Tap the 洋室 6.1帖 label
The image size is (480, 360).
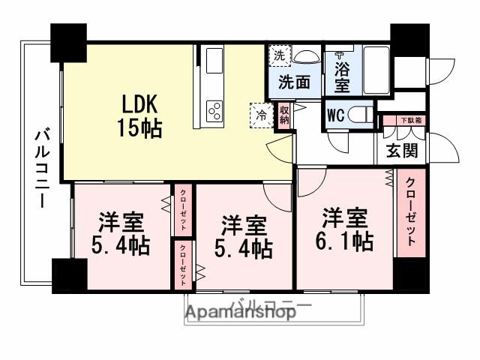tap(345, 230)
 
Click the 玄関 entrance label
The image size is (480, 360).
tap(401, 150)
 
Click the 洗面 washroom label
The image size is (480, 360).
tap(294, 82)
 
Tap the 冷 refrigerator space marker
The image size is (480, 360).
tap(261, 116)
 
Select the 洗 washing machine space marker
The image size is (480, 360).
tap(279, 55)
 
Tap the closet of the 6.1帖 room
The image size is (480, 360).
tap(411, 214)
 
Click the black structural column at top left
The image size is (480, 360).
tap(69, 44)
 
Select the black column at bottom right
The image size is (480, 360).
tap(409, 275)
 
